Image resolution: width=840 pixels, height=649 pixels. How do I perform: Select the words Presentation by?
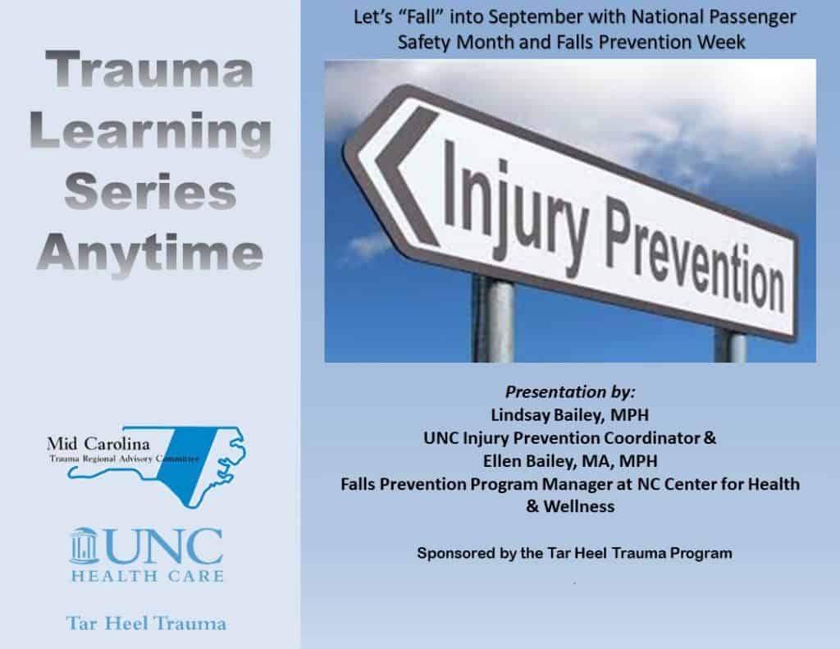(x=569, y=391)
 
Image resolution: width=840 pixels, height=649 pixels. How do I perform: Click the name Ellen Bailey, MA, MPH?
(x=569, y=461)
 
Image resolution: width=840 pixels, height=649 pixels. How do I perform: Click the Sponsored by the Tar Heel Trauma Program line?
(x=573, y=554)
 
